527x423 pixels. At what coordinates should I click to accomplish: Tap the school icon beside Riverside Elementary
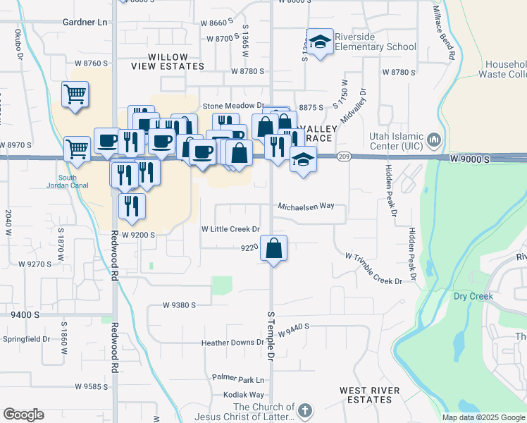coord(320,42)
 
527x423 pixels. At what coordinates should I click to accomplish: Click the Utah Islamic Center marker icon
coord(434,138)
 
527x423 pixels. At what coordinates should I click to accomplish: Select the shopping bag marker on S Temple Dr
coord(274,248)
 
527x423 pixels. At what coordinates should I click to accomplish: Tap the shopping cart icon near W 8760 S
coord(75,94)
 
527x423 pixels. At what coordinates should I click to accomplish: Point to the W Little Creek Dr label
coord(231,229)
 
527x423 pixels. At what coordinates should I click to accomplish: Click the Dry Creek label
coord(473,296)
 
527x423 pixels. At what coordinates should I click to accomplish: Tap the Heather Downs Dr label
coord(232,343)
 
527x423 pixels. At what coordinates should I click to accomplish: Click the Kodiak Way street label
coord(244,395)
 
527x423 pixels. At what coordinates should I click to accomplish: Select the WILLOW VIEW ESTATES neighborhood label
coord(159,61)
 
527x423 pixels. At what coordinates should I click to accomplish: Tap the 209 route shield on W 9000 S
coord(344,156)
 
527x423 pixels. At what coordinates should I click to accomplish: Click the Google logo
coord(23,415)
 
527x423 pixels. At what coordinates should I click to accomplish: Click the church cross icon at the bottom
coord(304,410)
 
